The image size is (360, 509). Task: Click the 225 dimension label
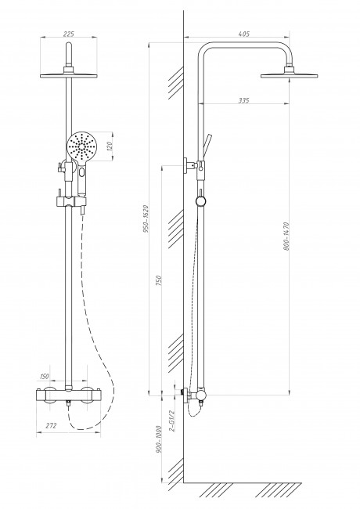[68, 34]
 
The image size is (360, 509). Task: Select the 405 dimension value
[243, 34]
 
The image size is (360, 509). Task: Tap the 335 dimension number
[243, 100]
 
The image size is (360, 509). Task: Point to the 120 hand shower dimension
[110, 146]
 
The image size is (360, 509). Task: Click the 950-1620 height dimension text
[146, 219]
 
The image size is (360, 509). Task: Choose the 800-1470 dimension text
[286, 236]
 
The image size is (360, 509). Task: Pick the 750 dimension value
[159, 281]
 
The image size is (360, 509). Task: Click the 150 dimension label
[44, 376]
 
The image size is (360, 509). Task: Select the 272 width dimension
[51, 425]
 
